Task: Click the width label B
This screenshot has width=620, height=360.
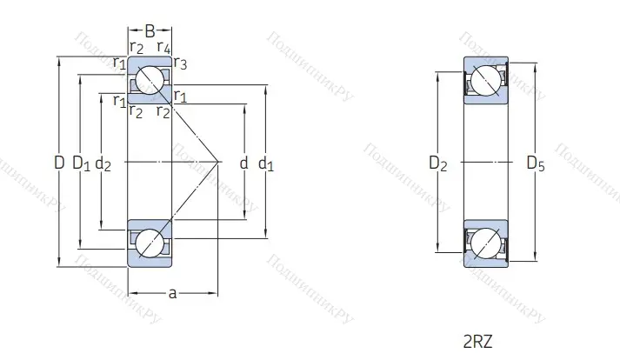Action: click(150, 30)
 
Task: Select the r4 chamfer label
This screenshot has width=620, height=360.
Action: click(163, 46)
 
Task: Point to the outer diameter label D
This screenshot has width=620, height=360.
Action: click(58, 162)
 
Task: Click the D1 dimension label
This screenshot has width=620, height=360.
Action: click(81, 163)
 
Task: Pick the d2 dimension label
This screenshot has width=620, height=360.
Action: click(103, 163)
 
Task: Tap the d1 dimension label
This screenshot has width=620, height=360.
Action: click(266, 163)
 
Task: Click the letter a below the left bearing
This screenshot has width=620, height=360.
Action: click(172, 293)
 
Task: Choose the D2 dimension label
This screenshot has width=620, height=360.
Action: click(438, 163)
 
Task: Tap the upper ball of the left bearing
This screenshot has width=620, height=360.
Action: click(150, 79)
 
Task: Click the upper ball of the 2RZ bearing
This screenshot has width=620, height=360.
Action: click(484, 82)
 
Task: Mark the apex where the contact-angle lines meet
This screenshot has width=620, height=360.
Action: click(217, 162)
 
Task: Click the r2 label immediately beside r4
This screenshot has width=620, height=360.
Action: click(137, 46)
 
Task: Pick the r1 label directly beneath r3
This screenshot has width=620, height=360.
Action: click(180, 95)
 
